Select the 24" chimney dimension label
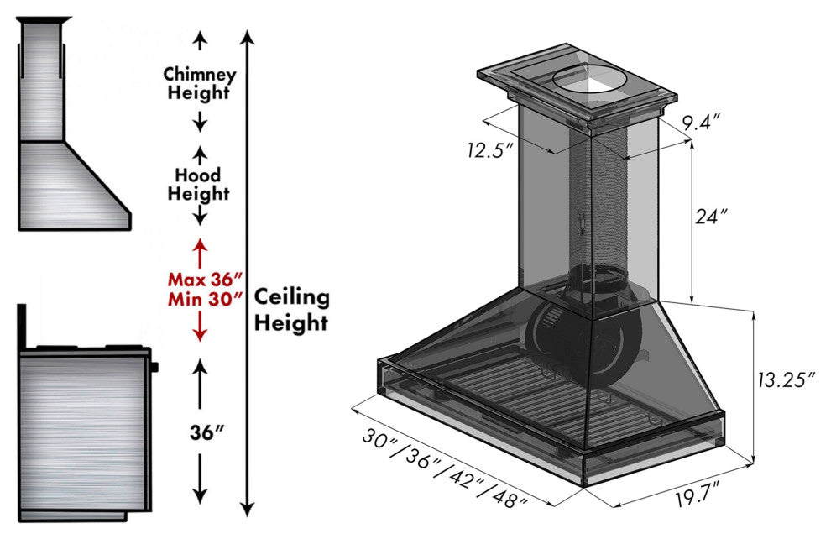pos(709,216)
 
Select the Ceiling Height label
pos(291,309)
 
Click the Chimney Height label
pos(200,83)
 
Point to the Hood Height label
pos(199,184)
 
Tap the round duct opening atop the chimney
pos(590,81)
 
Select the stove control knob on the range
pos(155,365)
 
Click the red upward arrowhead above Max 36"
pos(200,245)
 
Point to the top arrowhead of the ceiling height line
pos(246,35)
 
